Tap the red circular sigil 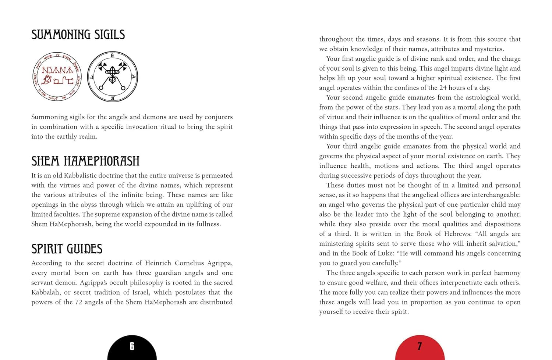tap(57, 76)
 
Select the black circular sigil tap(113, 76)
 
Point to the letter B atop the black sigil tap(112, 56)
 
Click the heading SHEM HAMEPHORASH tap(85, 161)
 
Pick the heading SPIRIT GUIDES tap(67, 249)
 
